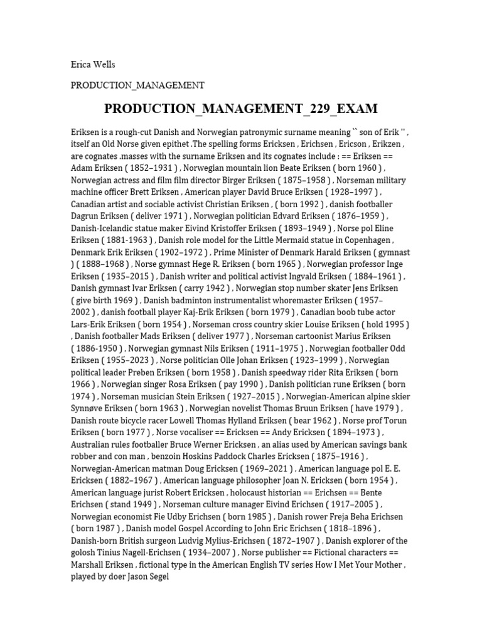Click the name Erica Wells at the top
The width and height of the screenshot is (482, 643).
[93, 64]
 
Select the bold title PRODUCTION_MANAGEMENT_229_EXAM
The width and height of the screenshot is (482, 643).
[241, 109]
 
